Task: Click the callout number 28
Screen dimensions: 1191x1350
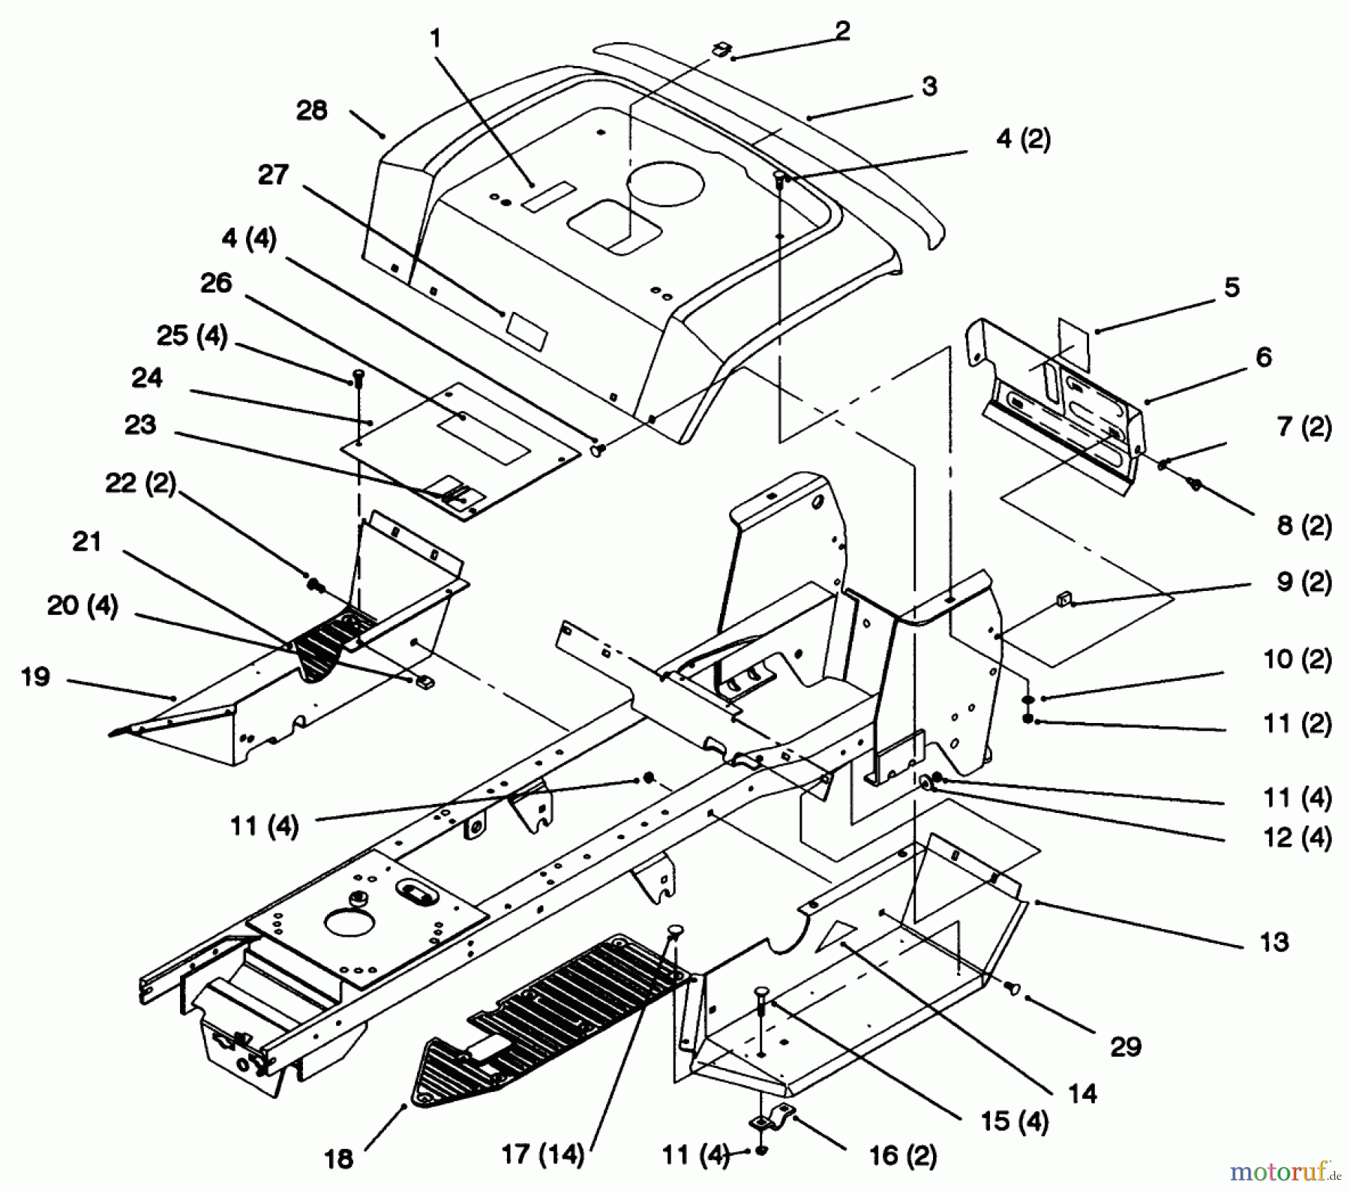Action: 312,111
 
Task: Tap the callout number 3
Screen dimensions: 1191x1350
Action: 929,86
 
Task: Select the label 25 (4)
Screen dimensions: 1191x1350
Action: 191,335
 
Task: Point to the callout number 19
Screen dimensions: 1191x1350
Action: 36,676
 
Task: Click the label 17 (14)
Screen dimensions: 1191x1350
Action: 542,1154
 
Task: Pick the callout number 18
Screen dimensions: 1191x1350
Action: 338,1159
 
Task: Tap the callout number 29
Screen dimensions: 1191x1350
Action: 1126,1046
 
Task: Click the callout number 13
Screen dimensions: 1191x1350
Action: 1274,941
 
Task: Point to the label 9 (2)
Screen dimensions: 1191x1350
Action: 1304,582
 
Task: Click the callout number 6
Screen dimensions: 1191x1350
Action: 1264,357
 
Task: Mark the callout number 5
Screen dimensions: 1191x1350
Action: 1232,287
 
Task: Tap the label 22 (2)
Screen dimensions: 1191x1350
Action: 140,483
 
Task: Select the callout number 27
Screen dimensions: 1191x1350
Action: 273,175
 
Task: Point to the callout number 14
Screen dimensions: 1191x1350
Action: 1082,1093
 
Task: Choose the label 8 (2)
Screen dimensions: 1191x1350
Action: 1304,525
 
